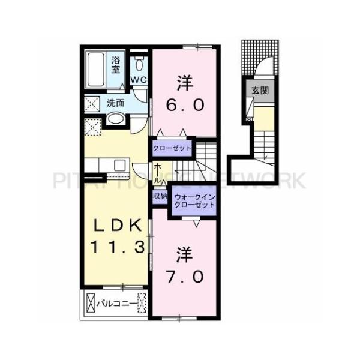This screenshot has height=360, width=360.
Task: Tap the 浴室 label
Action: click(x=116, y=64)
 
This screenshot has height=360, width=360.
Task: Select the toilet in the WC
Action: click(x=139, y=64)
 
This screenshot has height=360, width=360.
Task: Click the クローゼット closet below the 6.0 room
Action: click(x=172, y=148)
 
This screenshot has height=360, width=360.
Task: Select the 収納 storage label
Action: click(x=160, y=196)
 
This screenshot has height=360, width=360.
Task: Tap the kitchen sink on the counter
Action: click(x=117, y=164)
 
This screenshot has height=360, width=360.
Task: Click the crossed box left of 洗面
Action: click(x=94, y=104)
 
